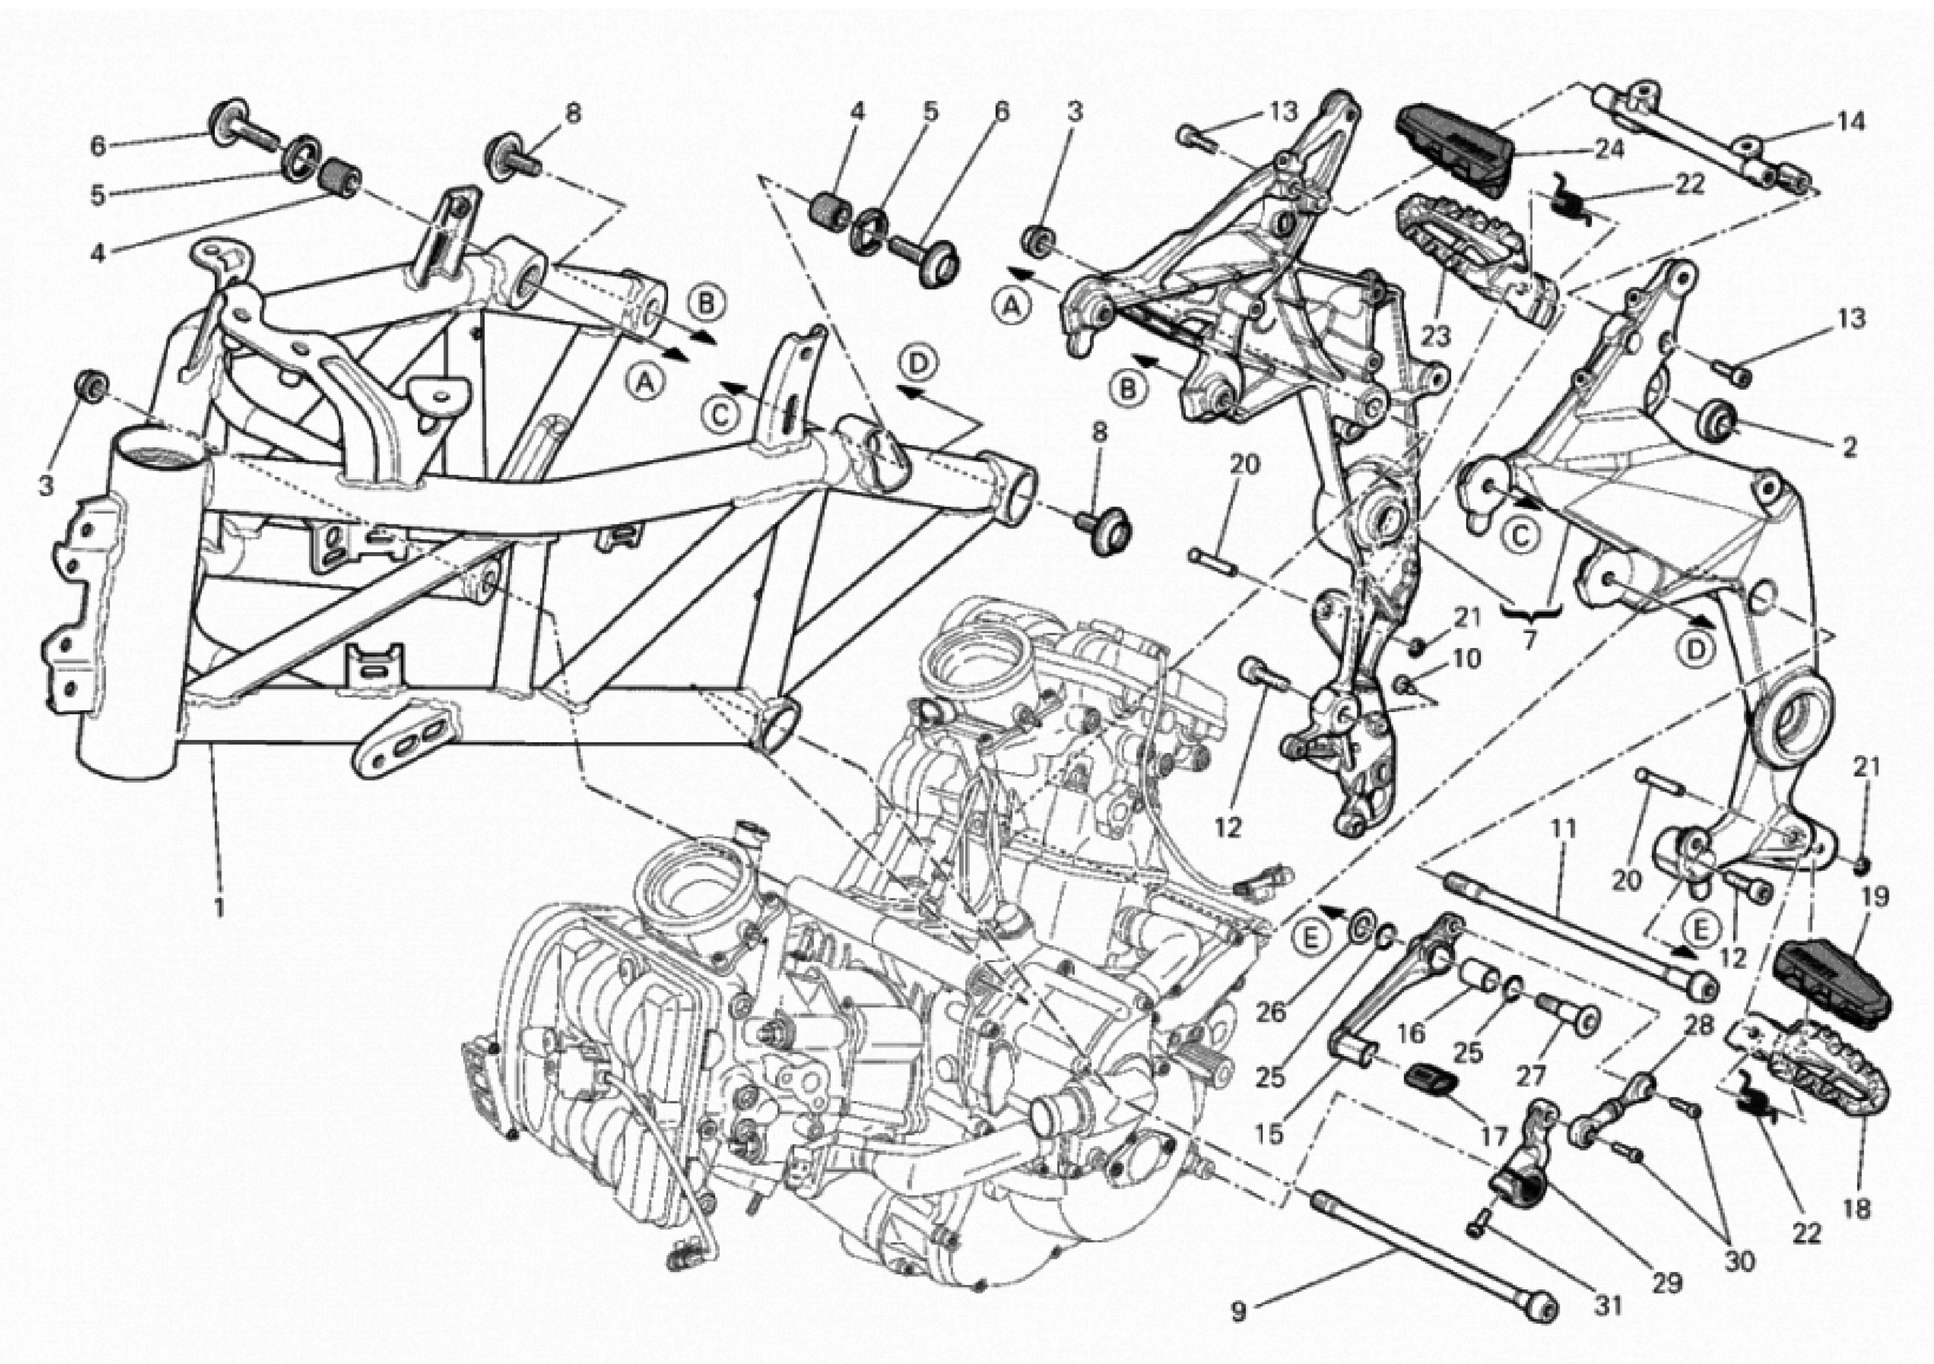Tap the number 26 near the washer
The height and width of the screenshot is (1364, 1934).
pyautogui.click(x=1270, y=1012)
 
